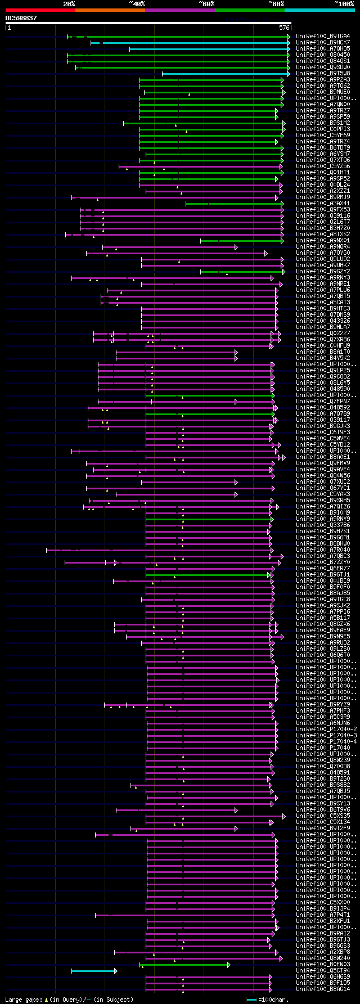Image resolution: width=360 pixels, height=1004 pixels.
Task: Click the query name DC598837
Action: click(21, 18)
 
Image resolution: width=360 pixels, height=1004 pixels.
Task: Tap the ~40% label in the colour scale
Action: click(137, 4)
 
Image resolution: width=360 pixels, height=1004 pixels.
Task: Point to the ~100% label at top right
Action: click(344, 4)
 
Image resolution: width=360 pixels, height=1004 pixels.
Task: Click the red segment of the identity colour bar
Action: click(40, 10)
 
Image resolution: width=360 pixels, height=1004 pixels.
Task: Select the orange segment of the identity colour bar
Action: click(110, 10)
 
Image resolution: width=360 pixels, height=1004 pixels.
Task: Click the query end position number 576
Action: click(284, 27)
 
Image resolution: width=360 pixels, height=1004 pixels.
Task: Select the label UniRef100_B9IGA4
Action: click(323, 37)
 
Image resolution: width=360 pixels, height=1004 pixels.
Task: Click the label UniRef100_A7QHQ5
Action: click(323, 49)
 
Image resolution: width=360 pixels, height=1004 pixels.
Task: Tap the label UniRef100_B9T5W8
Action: click(323, 74)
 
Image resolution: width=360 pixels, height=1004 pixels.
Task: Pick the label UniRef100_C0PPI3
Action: click(323, 129)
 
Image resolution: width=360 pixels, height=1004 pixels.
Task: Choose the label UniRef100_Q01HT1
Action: click(323, 173)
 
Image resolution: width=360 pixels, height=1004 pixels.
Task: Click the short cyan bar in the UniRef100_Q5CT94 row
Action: click(93, 971)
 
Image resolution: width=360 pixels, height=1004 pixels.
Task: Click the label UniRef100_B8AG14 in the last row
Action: click(323, 989)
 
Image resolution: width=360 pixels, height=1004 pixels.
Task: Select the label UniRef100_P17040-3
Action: click(326, 735)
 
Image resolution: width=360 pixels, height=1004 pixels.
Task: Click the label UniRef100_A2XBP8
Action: click(323, 952)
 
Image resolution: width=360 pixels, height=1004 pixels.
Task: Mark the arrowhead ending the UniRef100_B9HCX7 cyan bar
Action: click(289, 43)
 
